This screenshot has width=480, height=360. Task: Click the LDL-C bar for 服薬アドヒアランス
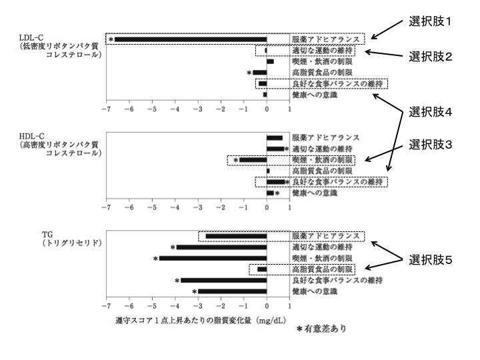click(191, 39)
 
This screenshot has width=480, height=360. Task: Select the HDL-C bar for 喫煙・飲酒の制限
click(253, 160)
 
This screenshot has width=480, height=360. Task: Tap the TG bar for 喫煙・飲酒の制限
click(213, 259)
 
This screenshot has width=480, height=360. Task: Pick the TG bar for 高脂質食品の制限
click(262, 269)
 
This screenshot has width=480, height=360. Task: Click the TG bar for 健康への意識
click(233, 291)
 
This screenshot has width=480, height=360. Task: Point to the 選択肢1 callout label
click(430, 21)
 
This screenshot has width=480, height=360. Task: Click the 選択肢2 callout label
click(430, 57)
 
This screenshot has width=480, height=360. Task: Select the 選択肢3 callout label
click(430, 145)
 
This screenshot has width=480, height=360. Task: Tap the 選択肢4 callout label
click(430, 112)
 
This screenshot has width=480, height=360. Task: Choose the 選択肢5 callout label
click(430, 260)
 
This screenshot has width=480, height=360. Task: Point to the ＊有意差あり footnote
click(321, 329)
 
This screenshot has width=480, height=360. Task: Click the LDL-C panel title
click(59, 46)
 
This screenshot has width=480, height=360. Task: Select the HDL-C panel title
click(59, 145)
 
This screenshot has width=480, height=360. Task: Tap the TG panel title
click(71, 239)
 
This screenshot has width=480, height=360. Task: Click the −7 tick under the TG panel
click(106, 306)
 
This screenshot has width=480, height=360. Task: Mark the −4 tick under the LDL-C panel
click(175, 109)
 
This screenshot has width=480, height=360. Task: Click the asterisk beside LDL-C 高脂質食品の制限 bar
click(249, 73)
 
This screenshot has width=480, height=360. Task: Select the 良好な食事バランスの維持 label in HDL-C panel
click(337, 182)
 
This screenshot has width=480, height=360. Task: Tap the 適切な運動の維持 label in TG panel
click(322, 247)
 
